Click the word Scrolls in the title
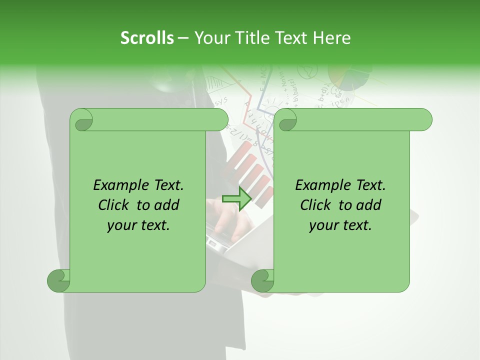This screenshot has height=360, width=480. point(147,38)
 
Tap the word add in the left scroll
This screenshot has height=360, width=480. point(167,205)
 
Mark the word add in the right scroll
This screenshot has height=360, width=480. point(369,205)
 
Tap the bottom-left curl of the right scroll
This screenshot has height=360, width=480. point(262,280)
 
